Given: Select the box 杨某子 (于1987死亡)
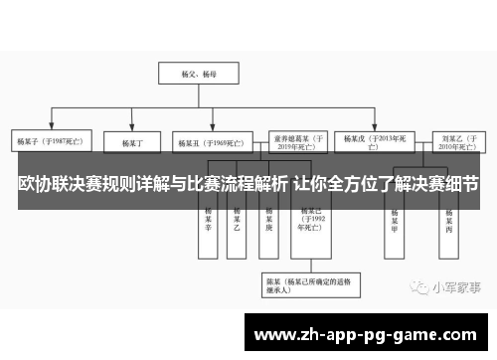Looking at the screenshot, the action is coord(49,141).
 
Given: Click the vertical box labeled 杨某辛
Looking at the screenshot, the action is coord(209,221).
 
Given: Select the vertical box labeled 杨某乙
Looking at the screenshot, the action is coord(237,221).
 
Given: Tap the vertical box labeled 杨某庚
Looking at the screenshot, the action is coord(269,221).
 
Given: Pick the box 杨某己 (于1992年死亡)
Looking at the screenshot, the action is coord(309,221).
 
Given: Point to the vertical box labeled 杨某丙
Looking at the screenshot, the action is coord(449,221).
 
